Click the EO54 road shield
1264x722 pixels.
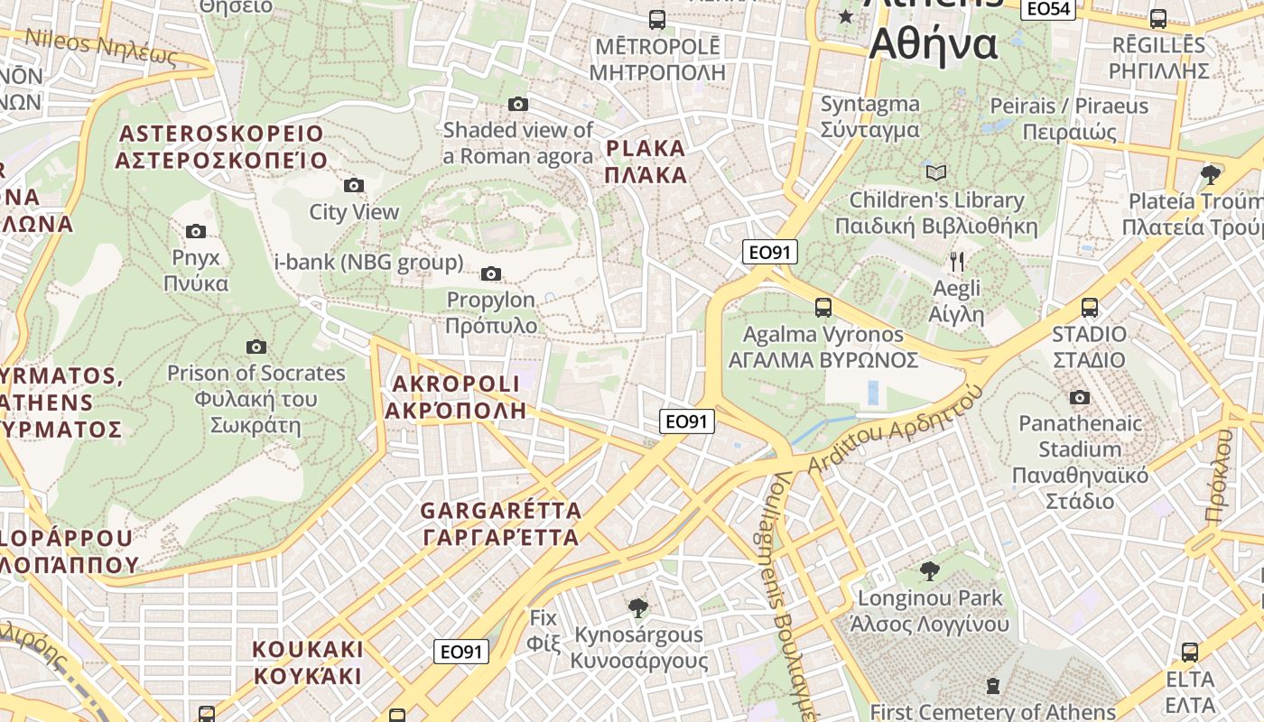[x=1048, y=9]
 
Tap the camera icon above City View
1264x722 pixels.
[x=354, y=186]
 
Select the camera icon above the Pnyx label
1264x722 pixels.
[x=196, y=232]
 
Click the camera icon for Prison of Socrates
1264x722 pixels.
[x=256, y=347]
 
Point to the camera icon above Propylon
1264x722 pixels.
[x=491, y=273]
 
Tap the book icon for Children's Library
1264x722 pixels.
[x=936, y=172]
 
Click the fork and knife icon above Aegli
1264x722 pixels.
[x=957, y=262]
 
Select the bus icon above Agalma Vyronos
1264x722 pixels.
[x=823, y=308]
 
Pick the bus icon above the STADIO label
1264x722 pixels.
[x=1090, y=308]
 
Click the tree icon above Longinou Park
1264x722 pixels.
[x=929, y=570]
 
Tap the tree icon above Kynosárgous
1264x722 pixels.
[x=638, y=607]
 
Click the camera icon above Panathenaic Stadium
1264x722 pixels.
[x=1079, y=397]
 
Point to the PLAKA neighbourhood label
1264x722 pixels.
[x=646, y=162]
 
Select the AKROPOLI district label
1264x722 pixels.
[x=456, y=397]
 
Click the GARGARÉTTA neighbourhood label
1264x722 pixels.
[x=500, y=524]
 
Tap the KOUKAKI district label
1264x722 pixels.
[x=307, y=662]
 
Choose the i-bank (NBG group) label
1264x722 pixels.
[x=368, y=263]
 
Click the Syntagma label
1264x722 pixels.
[x=870, y=116]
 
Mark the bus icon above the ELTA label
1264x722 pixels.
[x=1190, y=653]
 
